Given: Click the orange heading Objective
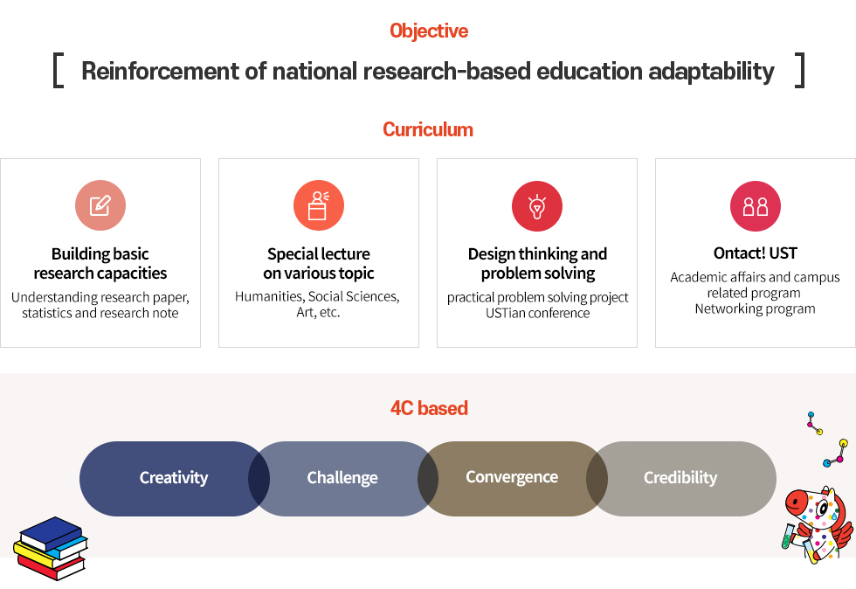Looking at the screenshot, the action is point(429,31).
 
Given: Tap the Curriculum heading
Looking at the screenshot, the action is point(428,129).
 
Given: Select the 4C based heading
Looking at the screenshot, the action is point(429,408).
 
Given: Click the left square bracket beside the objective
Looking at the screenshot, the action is point(58,70).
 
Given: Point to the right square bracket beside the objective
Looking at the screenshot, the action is point(800,70).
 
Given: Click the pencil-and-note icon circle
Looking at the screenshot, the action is point(100,205).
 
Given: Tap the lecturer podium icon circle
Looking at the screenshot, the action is point(319,205).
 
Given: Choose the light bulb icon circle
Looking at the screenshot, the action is point(537,206).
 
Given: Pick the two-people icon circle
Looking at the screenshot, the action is point(756,206).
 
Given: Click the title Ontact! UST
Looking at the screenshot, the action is point(756,253).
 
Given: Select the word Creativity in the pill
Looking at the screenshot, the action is point(174,478).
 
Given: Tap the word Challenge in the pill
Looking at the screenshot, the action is point(342,478).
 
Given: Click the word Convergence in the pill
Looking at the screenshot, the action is point(512,477).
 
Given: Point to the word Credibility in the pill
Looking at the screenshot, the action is point(680,478).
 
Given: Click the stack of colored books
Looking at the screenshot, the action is point(51,548).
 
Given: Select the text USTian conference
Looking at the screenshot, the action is point(538,313).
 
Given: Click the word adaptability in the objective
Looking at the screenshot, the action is point(711,72).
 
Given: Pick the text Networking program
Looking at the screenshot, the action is point(755,309).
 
